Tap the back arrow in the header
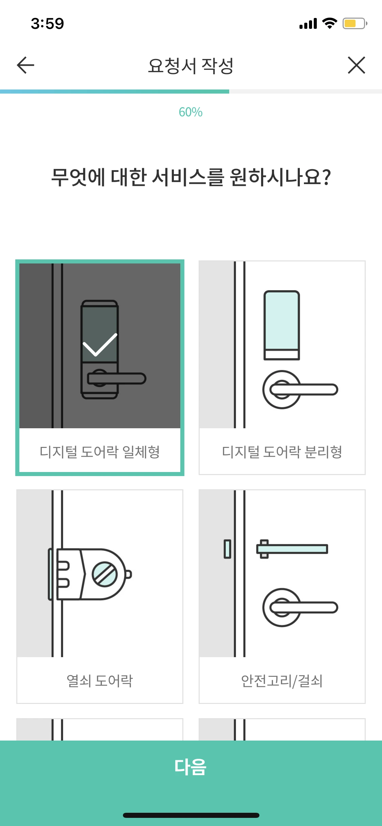click(25, 65)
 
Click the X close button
click(356, 65)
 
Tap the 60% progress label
click(190, 112)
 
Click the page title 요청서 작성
click(190, 66)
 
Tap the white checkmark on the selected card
click(100, 345)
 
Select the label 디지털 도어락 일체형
click(100, 452)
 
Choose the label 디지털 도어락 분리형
click(282, 452)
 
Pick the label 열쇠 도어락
click(100, 681)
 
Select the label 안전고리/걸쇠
click(282, 681)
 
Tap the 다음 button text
click(190, 767)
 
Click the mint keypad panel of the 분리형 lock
click(282, 320)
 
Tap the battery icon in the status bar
click(354, 23)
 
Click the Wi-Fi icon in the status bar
click(329, 23)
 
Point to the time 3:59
click(48, 24)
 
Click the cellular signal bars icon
click(308, 24)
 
